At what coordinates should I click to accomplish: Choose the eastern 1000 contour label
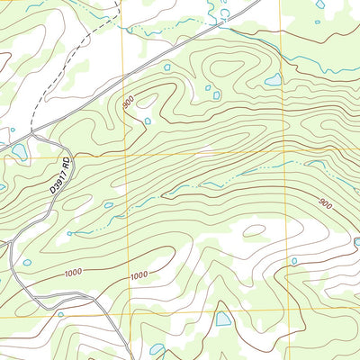pyautogui.click(x=138, y=275)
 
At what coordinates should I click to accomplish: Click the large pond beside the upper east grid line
pyautogui.click(x=272, y=81)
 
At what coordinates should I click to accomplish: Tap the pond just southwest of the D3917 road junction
pyautogui.click(x=19, y=150)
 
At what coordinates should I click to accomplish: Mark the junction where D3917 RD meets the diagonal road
pyautogui.click(x=34, y=135)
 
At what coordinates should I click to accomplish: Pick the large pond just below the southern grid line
pyautogui.click(x=223, y=319)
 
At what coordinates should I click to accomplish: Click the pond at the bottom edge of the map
pyautogui.click(x=157, y=349)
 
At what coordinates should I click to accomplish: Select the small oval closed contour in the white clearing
pyautogui.click(x=254, y=229)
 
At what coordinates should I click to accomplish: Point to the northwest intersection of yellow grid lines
pyautogui.click(x=126, y=155)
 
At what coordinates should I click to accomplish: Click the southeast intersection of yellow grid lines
pyautogui.click(x=290, y=310)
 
